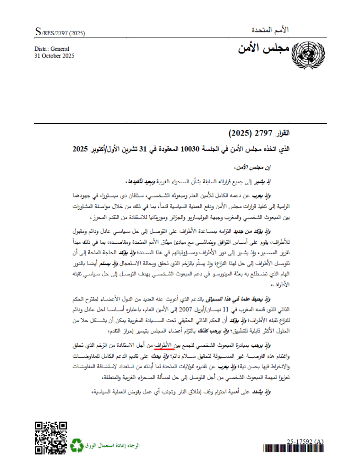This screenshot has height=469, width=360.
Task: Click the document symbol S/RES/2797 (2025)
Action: pos(60,33)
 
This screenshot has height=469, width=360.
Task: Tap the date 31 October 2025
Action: pos(55,56)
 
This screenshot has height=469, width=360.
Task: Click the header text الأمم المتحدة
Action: pos(271,30)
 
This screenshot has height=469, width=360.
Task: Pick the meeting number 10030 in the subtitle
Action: pos(191,149)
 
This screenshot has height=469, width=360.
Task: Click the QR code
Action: pos(51,438)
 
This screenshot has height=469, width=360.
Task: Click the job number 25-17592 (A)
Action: pos(305,441)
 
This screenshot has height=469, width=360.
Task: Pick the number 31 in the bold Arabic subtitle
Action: pos(140,149)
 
